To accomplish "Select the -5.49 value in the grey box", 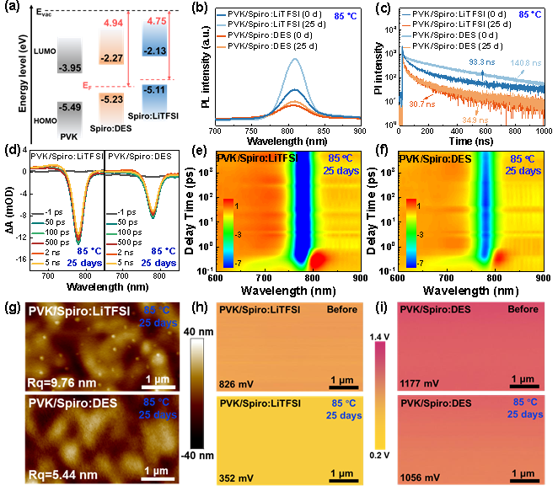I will pyautogui.click(x=69, y=108).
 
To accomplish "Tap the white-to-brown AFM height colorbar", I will pyautogui.click(x=197, y=392).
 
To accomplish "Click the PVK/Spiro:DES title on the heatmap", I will pyautogui.click(x=435, y=158).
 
